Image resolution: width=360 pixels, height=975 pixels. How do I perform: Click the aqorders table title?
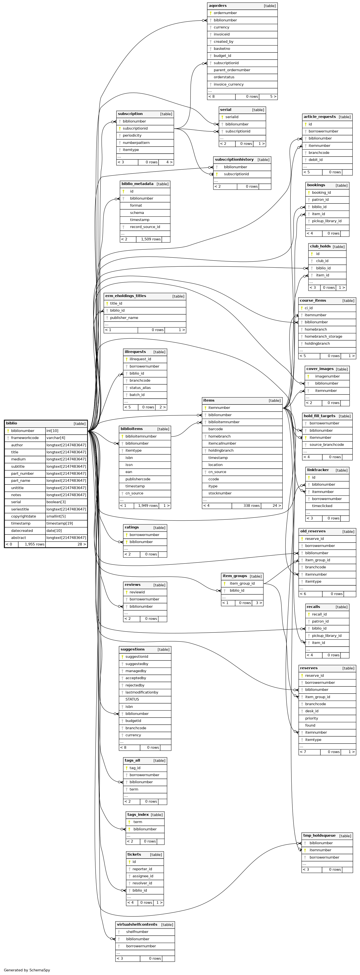point(218,6)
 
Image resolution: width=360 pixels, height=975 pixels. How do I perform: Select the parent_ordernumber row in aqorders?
point(242,70)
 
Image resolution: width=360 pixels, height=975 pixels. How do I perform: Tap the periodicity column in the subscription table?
point(145,135)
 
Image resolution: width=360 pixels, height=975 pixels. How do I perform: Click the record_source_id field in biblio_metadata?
point(145,227)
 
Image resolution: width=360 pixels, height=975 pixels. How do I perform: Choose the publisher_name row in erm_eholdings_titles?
point(145,317)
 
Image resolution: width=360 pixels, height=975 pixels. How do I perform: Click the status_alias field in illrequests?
point(145,387)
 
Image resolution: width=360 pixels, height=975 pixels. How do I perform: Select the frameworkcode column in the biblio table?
point(25,438)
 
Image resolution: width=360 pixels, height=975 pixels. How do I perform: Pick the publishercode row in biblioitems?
point(145,479)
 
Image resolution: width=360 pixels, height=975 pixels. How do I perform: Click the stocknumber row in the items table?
point(242,493)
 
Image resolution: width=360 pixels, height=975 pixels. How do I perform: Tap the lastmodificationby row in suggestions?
point(145,692)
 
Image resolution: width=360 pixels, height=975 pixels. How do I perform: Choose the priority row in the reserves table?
point(327,718)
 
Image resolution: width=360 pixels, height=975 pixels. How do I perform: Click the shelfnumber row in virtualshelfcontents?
point(145,932)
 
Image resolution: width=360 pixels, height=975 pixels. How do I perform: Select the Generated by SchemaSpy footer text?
point(27,970)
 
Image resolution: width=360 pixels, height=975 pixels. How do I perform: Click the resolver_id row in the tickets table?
point(145,883)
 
